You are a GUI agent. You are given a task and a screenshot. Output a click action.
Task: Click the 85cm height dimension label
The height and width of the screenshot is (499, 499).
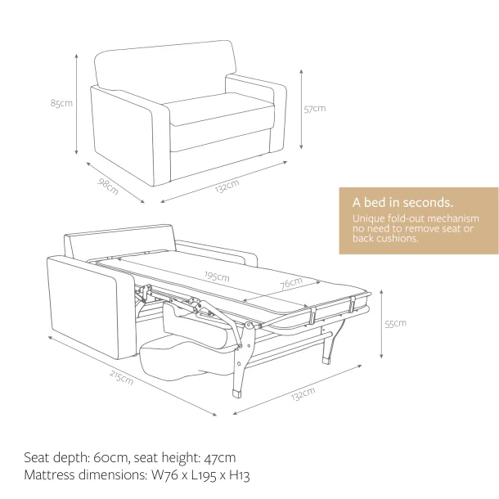[x=61, y=103]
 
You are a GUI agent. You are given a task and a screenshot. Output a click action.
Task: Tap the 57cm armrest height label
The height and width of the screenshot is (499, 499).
[x=315, y=109]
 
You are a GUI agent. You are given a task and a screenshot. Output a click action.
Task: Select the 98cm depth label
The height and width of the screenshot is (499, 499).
[x=108, y=187]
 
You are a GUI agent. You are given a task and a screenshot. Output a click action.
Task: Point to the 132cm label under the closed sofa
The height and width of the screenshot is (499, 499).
[x=227, y=187]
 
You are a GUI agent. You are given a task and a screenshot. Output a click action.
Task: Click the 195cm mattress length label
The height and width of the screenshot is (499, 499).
[x=217, y=276]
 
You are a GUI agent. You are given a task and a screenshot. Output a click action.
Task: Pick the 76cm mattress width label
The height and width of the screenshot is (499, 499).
[x=291, y=283]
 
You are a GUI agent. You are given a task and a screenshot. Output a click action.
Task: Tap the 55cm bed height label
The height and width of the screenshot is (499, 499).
[x=396, y=324]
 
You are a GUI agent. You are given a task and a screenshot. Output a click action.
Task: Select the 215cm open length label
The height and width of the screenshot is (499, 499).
[x=122, y=377]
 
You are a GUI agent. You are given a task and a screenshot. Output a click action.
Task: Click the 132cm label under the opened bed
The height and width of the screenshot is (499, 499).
[x=303, y=394]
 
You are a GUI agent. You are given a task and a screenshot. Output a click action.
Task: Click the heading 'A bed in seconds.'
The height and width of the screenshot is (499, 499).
[x=402, y=202]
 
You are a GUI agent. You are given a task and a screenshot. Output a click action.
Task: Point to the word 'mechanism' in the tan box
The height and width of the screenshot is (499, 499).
[x=453, y=218]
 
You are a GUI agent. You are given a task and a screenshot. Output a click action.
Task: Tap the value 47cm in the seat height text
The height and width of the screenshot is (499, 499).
[x=220, y=457]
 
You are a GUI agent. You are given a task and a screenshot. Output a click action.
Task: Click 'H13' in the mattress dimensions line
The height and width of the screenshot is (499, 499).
[x=240, y=474]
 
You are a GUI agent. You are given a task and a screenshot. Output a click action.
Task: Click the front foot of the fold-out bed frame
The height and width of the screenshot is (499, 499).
[x=236, y=393]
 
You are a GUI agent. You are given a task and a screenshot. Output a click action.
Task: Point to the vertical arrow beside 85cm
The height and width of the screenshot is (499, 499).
[x=76, y=104]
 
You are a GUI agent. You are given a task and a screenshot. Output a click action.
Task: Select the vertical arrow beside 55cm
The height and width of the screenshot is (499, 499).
[x=381, y=324]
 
